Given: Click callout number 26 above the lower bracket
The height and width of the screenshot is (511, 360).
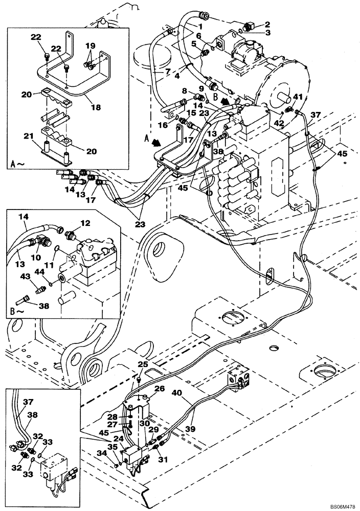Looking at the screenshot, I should click(159, 389).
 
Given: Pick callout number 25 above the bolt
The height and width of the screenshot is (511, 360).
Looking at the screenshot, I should click(143, 364).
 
